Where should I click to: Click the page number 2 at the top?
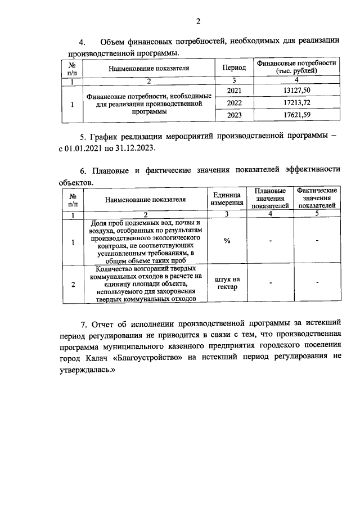pyautogui.click(x=198, y=22)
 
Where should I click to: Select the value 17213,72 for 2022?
pyautogui.click(x=296, y=103)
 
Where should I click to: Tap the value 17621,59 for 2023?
pyautogui.click(x=296, y=115)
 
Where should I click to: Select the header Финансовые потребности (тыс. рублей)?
pyautogui.click(x=296, y=67)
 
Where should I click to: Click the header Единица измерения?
pyautogui.click(x=227, y=199)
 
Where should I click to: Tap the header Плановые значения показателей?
pyautogui.click(x=270, y=199)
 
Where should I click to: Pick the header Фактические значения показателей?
pyautogui.click(x=317, y=199)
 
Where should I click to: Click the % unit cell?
pyautogui.click(x=227, y=241)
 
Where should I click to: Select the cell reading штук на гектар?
pyautogui.click(x=227, y=283)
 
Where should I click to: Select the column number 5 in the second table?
pyautogui.click(x=317, y=214)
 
